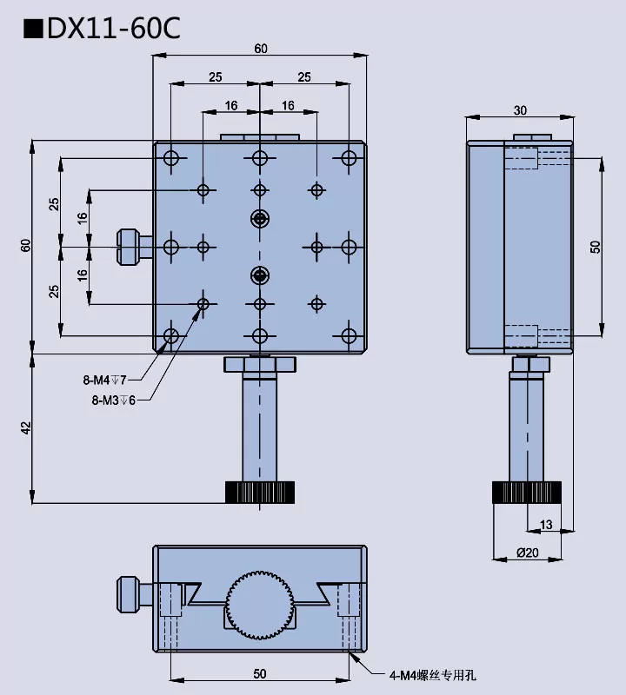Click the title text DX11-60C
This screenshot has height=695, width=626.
pyautogui.click(x=102, y=28)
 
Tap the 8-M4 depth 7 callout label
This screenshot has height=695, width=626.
pyautogui.click(x=105, y=380)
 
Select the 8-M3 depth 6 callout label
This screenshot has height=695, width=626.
pyautogui.click(x=113, y=400)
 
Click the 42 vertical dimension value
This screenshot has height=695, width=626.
pyautogui.click(x=25, y=428)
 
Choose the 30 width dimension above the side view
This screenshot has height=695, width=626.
pyautogui.click(x=520, y=110)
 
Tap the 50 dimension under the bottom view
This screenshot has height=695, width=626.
pyautogui.click(x=260, y=673)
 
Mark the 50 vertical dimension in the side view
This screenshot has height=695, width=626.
pyautogui.click(x=596, y=247)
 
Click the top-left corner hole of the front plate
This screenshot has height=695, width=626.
pyautogui.click(x=171, y=158)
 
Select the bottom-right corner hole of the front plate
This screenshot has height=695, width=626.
pyautogui.click(x=350, y=335)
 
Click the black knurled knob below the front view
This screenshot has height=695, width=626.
pyautogui.click(x=260, y=493)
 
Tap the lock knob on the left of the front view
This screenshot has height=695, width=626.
pyautogui.click(x=131, y=247)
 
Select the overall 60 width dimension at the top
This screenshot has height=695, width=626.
pyautogui.click(x=261, y=49)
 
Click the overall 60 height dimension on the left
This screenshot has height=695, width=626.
pyautogui.click(x=25, y=246)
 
